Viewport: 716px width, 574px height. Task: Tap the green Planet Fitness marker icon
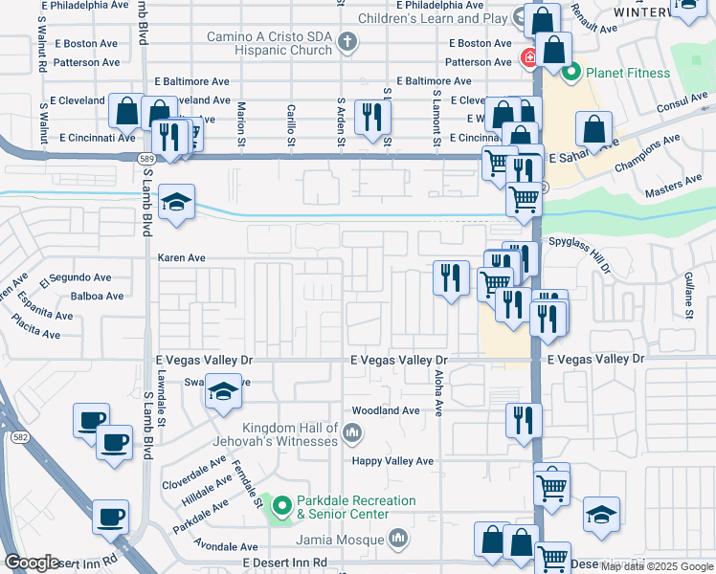click(x=571, y=72)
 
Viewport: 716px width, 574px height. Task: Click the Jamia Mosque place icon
click(x=399, y=540)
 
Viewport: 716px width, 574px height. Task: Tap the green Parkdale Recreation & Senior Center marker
click(x=281, y=506)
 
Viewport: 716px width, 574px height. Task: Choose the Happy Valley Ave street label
click(x=392, y=460)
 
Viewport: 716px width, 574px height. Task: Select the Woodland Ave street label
click(x=386, y=410)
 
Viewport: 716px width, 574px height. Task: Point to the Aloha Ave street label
click(x=439, y=393)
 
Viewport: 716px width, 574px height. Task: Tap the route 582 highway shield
click(x=19, y=436)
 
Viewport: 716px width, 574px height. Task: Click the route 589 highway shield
click(x=145, y=158)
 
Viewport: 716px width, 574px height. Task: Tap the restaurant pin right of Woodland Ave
click(x=524, y=418)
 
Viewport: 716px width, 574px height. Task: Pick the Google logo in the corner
click(x=32, y=563)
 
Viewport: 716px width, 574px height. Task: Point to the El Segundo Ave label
click(x=75, y=278)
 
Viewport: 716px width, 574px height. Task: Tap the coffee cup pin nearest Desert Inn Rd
click(x=110, y=518)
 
